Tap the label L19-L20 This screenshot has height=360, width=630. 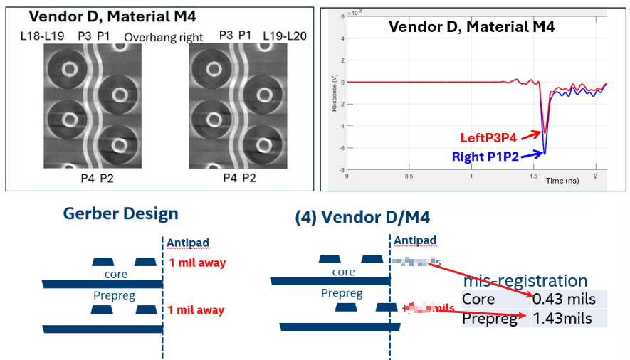tap(285, 36)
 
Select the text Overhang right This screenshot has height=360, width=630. tap(164, 37)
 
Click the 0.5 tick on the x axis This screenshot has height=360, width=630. tap(408, 176)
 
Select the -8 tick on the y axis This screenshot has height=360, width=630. tap(341, 171)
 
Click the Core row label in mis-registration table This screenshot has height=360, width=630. tap(478, 300)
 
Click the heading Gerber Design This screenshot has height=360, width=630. tap(120, 213)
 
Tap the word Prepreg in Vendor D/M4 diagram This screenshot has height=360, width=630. tap(341, 293)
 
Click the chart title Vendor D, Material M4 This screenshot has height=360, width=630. tap(471, 27)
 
